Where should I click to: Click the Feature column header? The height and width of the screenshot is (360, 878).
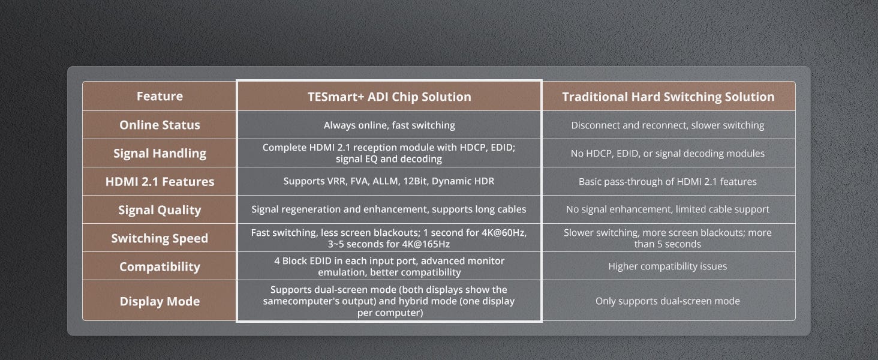tap(160, 96)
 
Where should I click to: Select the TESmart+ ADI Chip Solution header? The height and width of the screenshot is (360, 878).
tap(389, 97)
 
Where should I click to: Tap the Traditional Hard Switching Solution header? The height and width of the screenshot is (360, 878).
tap(668, 97)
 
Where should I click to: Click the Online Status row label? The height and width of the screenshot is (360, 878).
tap(160, 125)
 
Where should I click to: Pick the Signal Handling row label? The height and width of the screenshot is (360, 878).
tap(160, 153)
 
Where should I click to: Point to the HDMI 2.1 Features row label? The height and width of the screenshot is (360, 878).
tap(160, 182)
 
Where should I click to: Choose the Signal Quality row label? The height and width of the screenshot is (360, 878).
tap(160, 210)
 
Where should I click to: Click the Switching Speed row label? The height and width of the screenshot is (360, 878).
tap(160, 238)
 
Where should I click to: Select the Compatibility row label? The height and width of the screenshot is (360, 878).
tap(160, 266)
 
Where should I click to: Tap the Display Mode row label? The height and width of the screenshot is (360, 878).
tap(160, 301)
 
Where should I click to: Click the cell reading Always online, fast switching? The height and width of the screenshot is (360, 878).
tap(389, 125)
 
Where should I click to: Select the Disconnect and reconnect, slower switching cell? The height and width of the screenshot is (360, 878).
tap(667, 125)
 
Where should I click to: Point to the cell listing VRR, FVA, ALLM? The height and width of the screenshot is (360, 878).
tap(389, 181)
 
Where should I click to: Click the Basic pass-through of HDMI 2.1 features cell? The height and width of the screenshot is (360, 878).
tap(667, 182)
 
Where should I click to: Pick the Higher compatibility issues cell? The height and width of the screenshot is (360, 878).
tap(667, 266)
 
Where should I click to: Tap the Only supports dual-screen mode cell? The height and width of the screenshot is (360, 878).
tap(667, 301)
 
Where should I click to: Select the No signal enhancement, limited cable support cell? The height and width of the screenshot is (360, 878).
tap(667, 209)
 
